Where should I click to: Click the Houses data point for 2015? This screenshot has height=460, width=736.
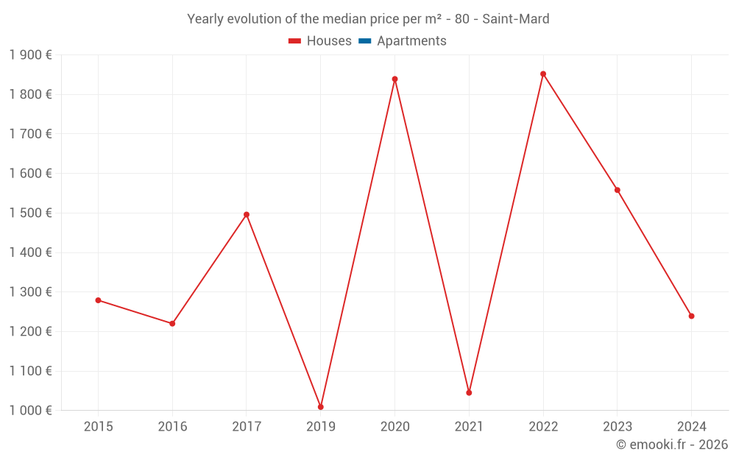pyautogui.click(x=98, y=300)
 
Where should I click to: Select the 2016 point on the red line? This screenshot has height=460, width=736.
pyautogui.click(x=172, y=324)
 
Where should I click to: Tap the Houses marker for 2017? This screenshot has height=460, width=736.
pyautogui.click(x=247, y=215)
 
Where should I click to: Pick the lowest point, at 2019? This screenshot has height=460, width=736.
pyautogui.click(x=321, y=407)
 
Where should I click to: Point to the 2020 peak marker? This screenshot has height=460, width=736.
pyautogui.click(x=394, y=79)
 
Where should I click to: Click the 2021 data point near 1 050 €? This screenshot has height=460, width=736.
pyautogui.click(x=469, y=392)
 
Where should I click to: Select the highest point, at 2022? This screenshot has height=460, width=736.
pyautogui.click(x=543, y=74)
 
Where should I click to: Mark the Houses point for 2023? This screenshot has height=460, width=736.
pyautogui.click(x=618, y=190)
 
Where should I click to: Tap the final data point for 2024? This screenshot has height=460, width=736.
pyautogui.click(x=691, y=316)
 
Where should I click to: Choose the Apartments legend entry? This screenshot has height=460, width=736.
pyautogui.click(x=411, y=41)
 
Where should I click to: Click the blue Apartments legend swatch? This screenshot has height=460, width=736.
pyautogui.click(x=364, y=41)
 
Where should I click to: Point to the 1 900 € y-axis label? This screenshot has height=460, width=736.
pyautogui.click(x=30, y=54)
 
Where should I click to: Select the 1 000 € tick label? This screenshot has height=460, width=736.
pyautogui.click(x=30, y=411)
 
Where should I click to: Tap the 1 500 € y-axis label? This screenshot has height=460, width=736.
pyautogui.click(x=30, y=213)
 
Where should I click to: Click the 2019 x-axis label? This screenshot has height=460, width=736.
pyautogui.click(x=321, y=427)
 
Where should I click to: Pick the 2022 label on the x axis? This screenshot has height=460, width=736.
pyautogui.click(x=543, y=427)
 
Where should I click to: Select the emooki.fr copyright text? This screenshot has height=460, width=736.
pyautogui.click(x=672, y=445)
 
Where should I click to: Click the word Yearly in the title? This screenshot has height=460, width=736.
pyautogui.click(x=205, y=19)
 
